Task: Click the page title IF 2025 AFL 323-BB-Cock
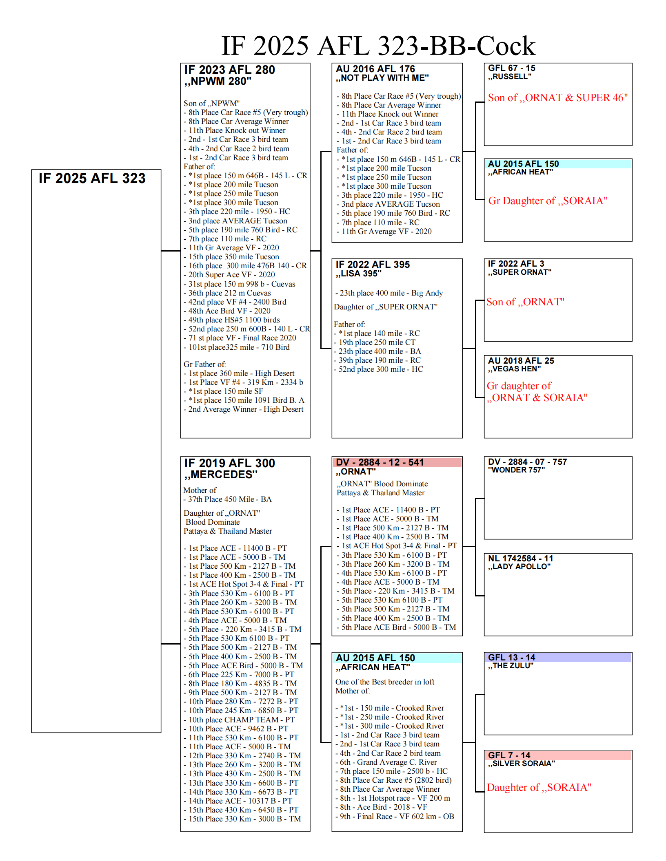378,46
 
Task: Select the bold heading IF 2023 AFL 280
229,70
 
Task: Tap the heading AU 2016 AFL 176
375,69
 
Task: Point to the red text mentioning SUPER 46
557,98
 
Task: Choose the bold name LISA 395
358,274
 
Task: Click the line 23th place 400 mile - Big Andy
389,293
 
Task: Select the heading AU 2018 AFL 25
521,361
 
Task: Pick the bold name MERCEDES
221,475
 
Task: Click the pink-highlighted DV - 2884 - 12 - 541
380,462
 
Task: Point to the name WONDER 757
516,470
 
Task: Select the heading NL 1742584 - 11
520,559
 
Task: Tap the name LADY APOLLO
519,567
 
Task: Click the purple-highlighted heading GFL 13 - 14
511,658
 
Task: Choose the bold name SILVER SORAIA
521,764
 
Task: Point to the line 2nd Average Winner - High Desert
243,409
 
